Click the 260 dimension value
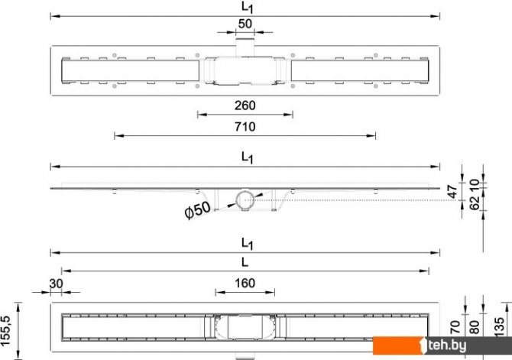click(245, 105)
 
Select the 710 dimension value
click(245, 127)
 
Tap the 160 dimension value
click(245, 284)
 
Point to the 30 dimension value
click(56, 284)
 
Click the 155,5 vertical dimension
click(6, 331)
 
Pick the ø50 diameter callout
click(198, 209)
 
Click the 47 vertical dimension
click(452, 191)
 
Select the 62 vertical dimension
click(475, 203)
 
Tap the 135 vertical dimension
click(499, 326)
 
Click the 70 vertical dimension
click(455, 327)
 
